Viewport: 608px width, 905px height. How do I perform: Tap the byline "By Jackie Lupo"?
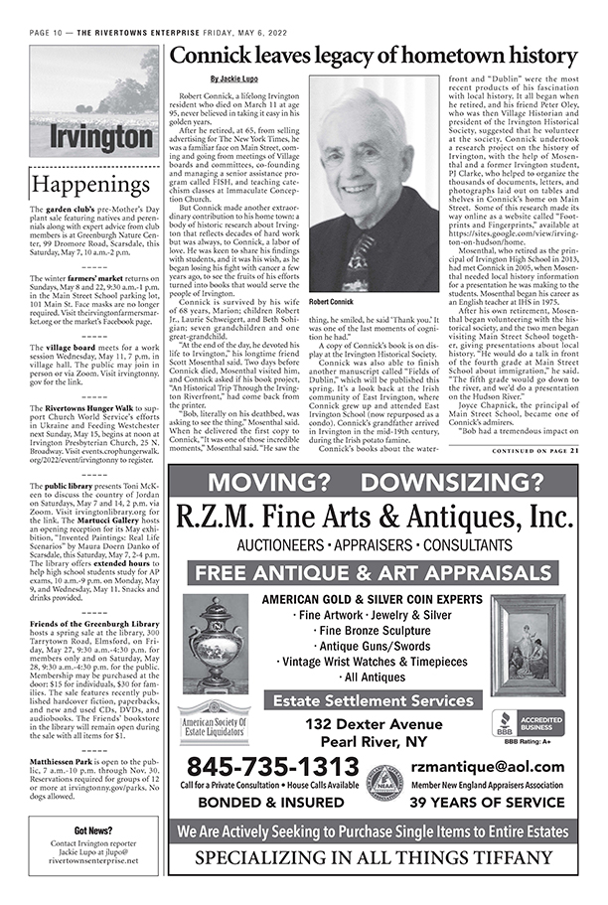coord(231,78)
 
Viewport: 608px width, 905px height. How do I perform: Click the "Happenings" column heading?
coord(88,185)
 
